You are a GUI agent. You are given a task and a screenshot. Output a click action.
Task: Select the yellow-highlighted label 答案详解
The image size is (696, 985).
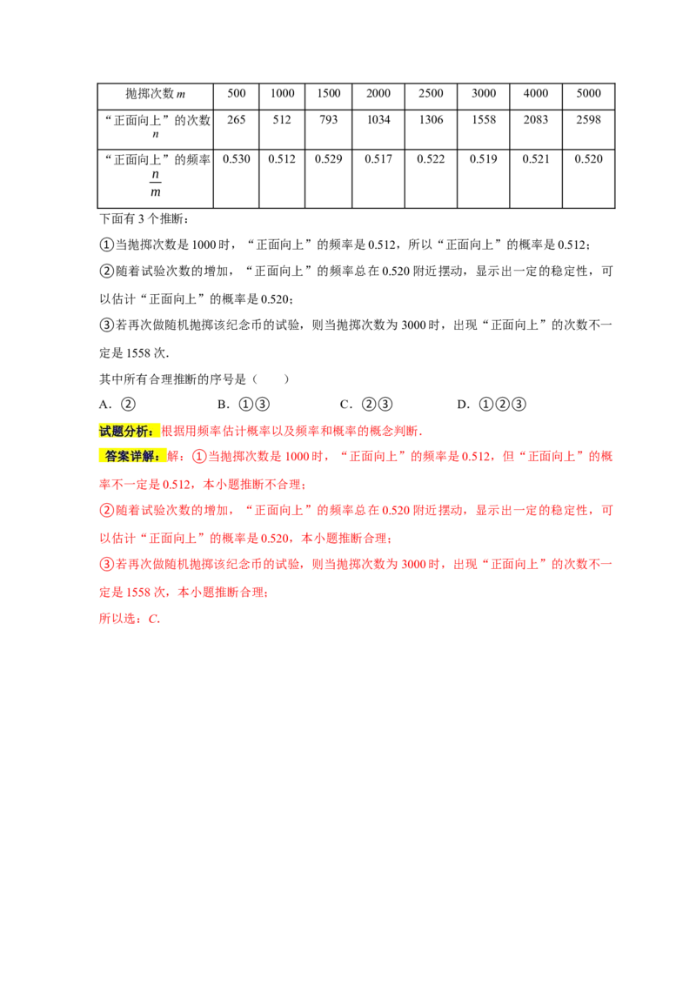point(131,456)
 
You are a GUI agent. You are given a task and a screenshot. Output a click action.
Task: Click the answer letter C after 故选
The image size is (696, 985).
point(154,620)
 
